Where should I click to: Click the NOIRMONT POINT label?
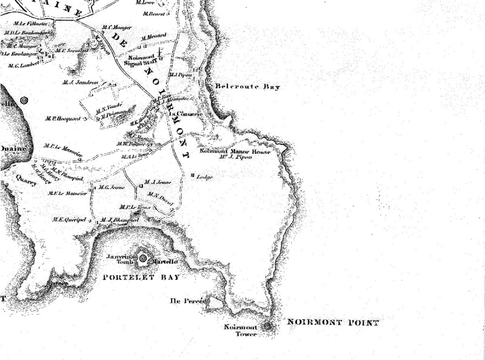pos(333,322)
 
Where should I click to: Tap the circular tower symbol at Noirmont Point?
pos(267,327)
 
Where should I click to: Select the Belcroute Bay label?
pos(249,87)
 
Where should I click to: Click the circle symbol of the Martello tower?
pos(143,259)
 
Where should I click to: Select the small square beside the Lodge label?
pos(193,176)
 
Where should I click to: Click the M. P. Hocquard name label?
pos(62,118)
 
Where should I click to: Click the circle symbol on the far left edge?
pos(24,101)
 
